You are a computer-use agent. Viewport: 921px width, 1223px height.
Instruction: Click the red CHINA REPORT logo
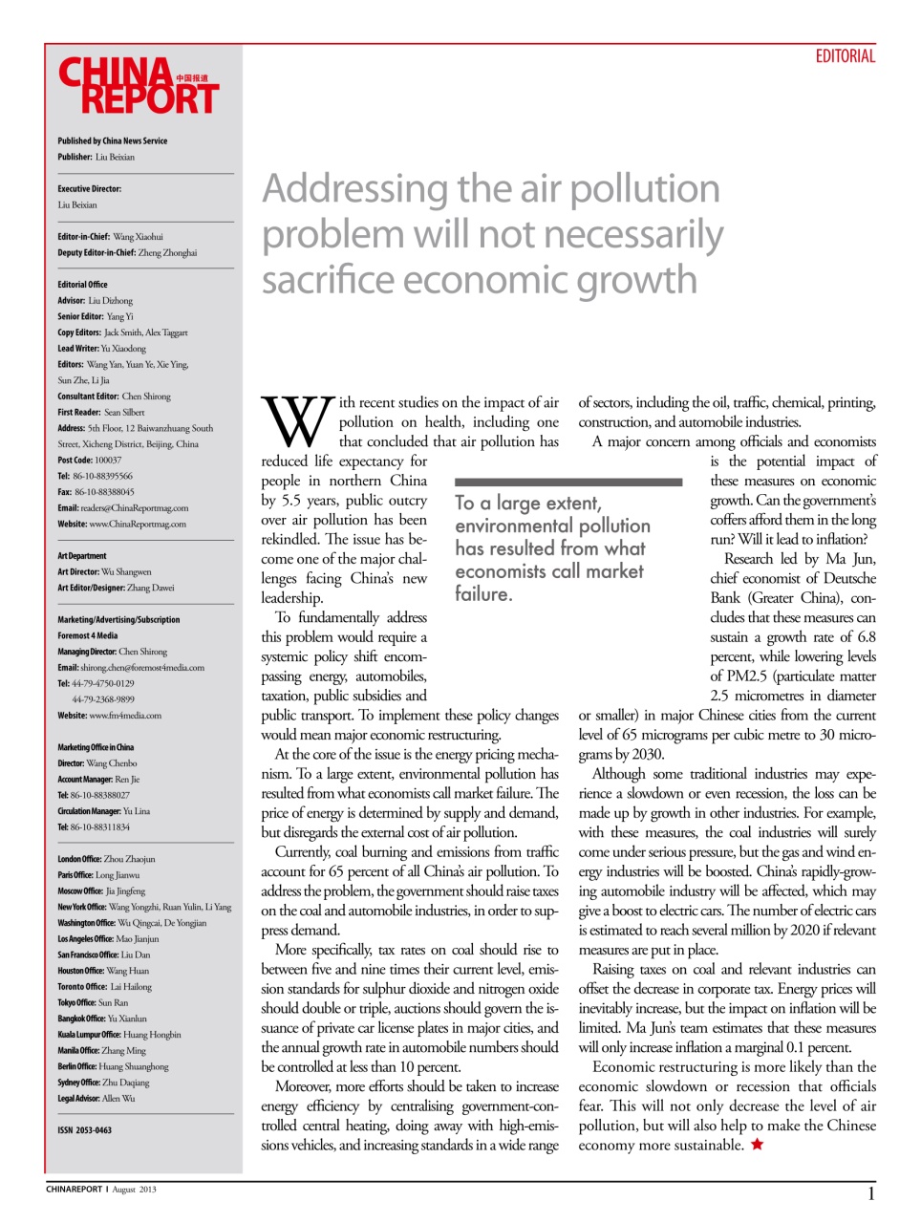[x=138, y=86]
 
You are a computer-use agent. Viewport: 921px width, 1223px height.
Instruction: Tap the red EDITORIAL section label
[x=845, y=56]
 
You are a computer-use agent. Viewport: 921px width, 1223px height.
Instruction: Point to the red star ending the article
[x=757, y=1145]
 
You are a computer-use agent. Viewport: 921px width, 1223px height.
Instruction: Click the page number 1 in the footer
[x=870, y=1193]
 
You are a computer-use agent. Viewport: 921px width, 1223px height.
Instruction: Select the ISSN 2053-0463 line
[x=84, y=1130]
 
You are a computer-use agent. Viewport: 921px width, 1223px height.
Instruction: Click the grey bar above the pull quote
[x=568, y=483]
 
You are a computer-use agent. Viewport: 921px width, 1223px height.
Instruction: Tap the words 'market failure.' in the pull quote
[x=549, y=582]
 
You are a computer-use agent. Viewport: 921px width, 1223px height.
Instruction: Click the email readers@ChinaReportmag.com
[x=134, y=508]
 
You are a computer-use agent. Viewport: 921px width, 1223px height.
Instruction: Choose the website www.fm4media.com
[x=124, y=716]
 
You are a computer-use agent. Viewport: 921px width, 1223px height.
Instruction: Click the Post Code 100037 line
[x=89, y=461]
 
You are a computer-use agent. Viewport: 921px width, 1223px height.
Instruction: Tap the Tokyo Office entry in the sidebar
[x=93, y=1003]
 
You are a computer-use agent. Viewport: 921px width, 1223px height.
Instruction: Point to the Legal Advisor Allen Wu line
[x=96, y=1099]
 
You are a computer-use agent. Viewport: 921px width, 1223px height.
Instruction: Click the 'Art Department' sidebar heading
[x=82, y=556]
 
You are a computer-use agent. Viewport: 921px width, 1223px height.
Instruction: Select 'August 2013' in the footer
[x=134, y=1191]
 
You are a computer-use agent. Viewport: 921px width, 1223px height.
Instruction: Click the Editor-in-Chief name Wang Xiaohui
[x=138, y=237]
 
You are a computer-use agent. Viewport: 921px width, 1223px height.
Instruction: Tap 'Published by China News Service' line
[x=112, y=141]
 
